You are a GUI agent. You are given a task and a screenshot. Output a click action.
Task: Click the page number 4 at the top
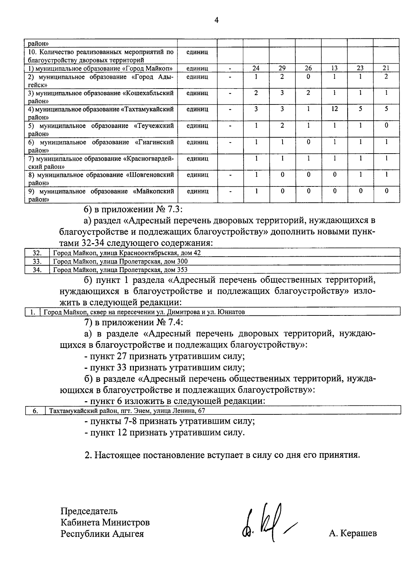216,20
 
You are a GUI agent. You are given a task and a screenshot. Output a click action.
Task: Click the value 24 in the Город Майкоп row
256,68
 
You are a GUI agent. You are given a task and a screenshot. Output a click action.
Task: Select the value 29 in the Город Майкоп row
282,68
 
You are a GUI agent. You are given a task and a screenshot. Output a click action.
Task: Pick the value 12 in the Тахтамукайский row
334,109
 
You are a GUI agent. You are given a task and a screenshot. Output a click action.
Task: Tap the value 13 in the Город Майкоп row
334,68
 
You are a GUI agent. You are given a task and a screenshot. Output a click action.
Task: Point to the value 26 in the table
308,68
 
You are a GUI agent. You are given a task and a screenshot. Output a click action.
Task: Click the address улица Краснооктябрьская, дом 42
127,253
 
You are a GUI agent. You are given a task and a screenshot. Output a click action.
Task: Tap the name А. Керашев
353,533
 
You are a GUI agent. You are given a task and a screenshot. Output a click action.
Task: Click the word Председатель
89,511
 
